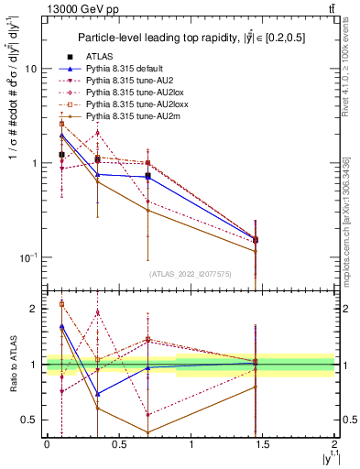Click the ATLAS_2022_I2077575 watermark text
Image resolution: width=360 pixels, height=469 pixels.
pyautogui.click(x=190, y=273)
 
